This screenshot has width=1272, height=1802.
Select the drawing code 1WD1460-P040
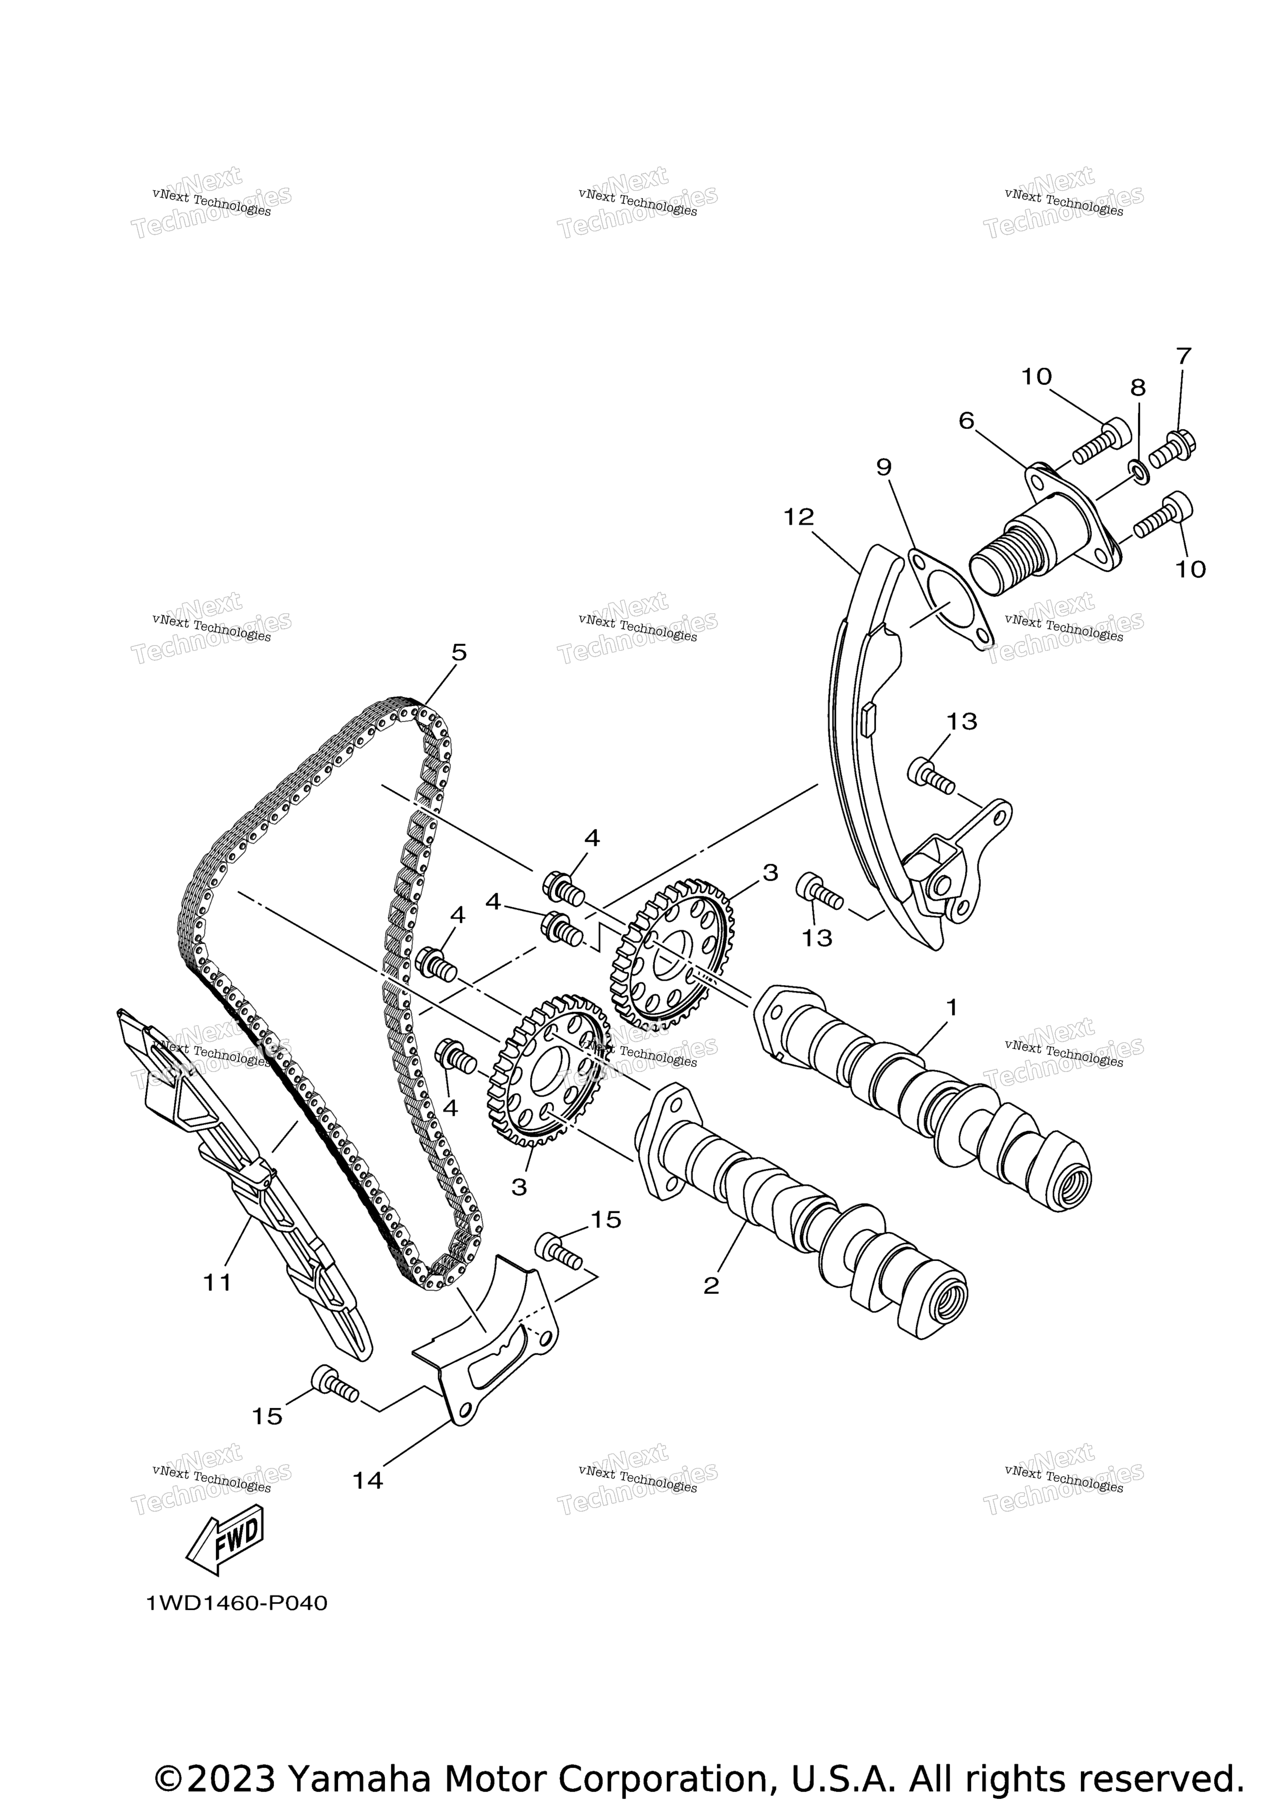click(236, 1603)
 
